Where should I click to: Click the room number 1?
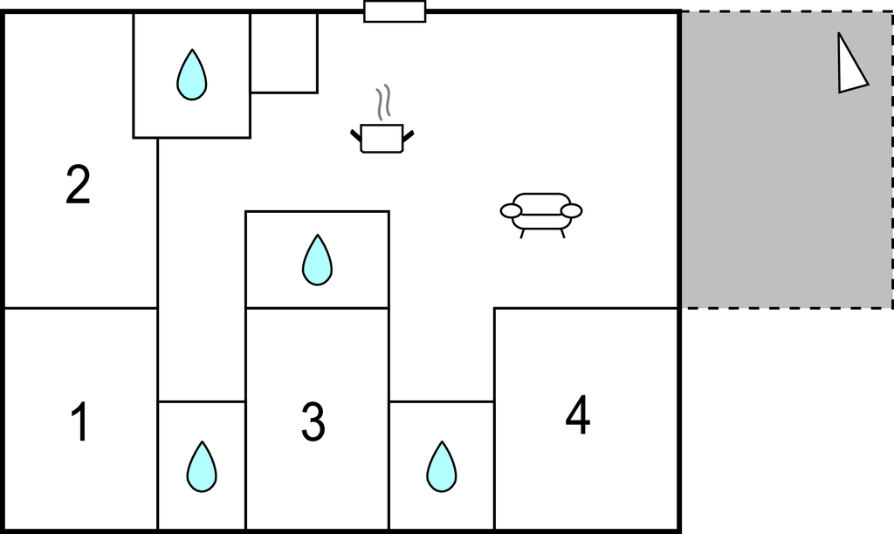point(80,421)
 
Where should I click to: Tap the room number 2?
point(78,184)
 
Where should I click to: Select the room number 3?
point(313,421)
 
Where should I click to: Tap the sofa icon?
point(541,215)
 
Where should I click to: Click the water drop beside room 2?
point(191,75)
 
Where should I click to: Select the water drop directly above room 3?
point(317,260)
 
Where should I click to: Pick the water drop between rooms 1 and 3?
point(202,466)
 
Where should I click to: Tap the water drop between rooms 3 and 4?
point(441,466)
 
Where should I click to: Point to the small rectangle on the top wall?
point(395,11)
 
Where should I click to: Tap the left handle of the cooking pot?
point(356,136)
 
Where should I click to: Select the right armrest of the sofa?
point(571,211)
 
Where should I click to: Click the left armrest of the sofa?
point(511,211)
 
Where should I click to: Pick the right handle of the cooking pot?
point(408,136)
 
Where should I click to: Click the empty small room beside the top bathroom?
point(284,52)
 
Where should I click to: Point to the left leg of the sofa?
point(522,233)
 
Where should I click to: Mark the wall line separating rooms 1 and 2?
point(81,308)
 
